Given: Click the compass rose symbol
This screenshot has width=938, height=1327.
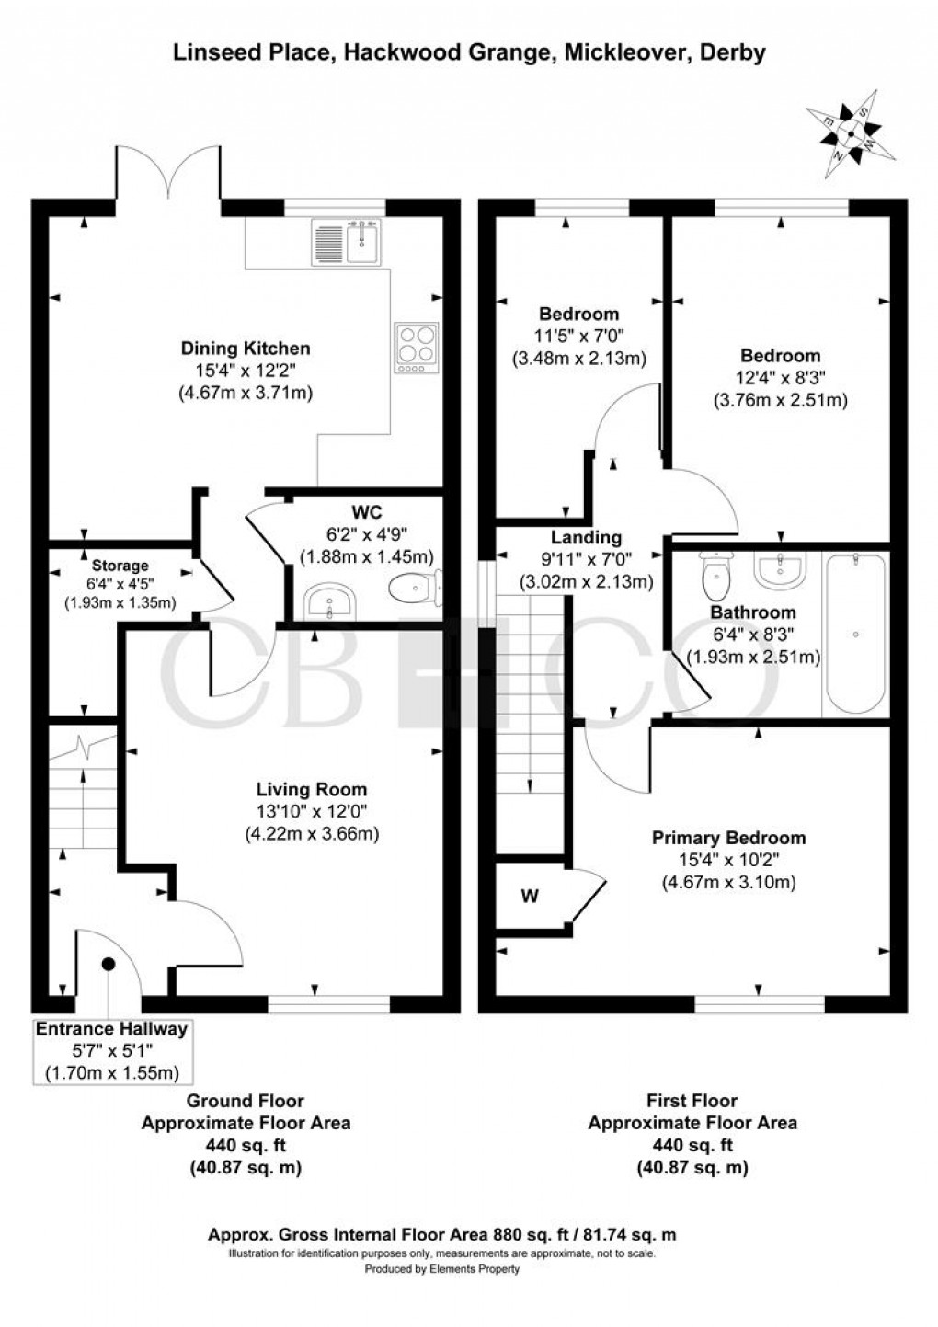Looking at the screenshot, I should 851,135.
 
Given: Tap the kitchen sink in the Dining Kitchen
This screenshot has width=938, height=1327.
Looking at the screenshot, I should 347,241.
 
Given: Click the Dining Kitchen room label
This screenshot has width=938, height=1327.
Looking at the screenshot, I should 245,349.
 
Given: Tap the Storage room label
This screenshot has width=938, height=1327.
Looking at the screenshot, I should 120,566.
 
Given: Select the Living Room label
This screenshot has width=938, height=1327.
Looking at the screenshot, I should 311,789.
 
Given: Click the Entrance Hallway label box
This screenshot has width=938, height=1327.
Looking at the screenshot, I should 111,1050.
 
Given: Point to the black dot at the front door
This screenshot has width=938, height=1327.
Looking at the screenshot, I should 109,964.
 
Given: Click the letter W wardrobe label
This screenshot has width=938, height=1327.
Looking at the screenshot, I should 530,897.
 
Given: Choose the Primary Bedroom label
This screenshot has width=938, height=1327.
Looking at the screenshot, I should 728,838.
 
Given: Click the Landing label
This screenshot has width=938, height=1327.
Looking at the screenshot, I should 586,538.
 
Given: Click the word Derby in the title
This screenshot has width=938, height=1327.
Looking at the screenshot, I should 732,53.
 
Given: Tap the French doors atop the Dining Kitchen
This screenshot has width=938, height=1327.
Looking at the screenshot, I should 168,173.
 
